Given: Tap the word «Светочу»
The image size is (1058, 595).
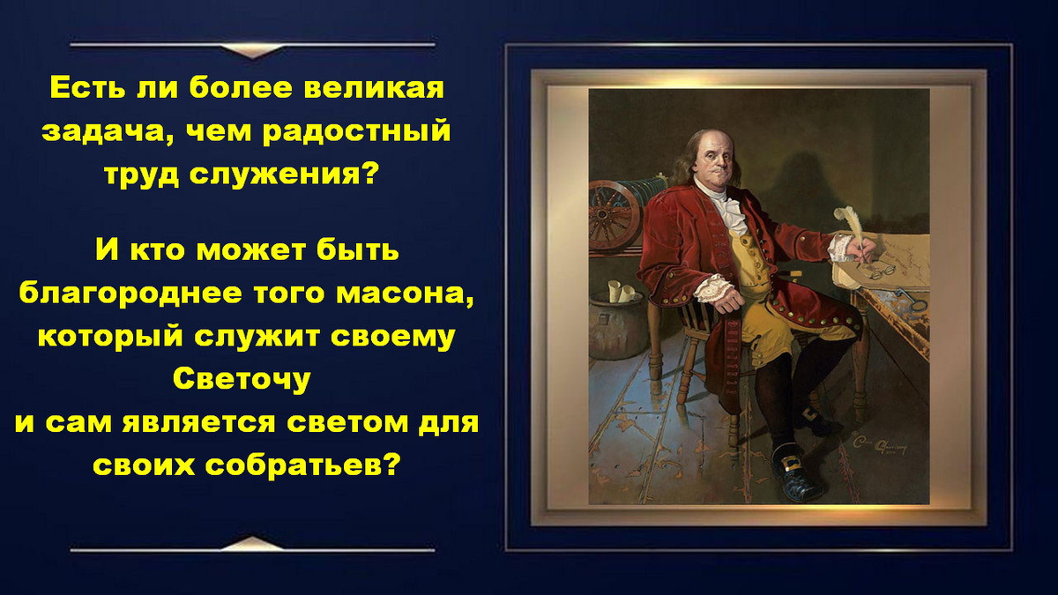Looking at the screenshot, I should [x=242, y=378].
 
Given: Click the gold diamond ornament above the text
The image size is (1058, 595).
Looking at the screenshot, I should [x=252, y=51].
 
